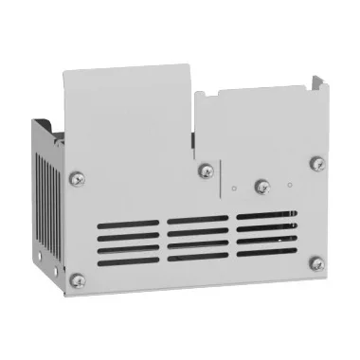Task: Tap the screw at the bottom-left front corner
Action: pos(78,279)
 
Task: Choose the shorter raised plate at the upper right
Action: pos(256,118)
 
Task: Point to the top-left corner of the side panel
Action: pos(37,121)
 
